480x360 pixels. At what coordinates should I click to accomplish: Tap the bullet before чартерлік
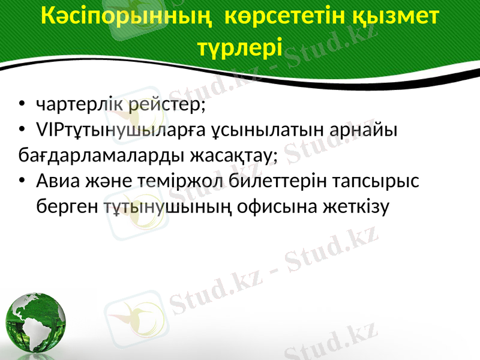pyautogui.click(x=22, y=106)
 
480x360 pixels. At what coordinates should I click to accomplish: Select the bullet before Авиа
pyautogui.click(x=22, y=181)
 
